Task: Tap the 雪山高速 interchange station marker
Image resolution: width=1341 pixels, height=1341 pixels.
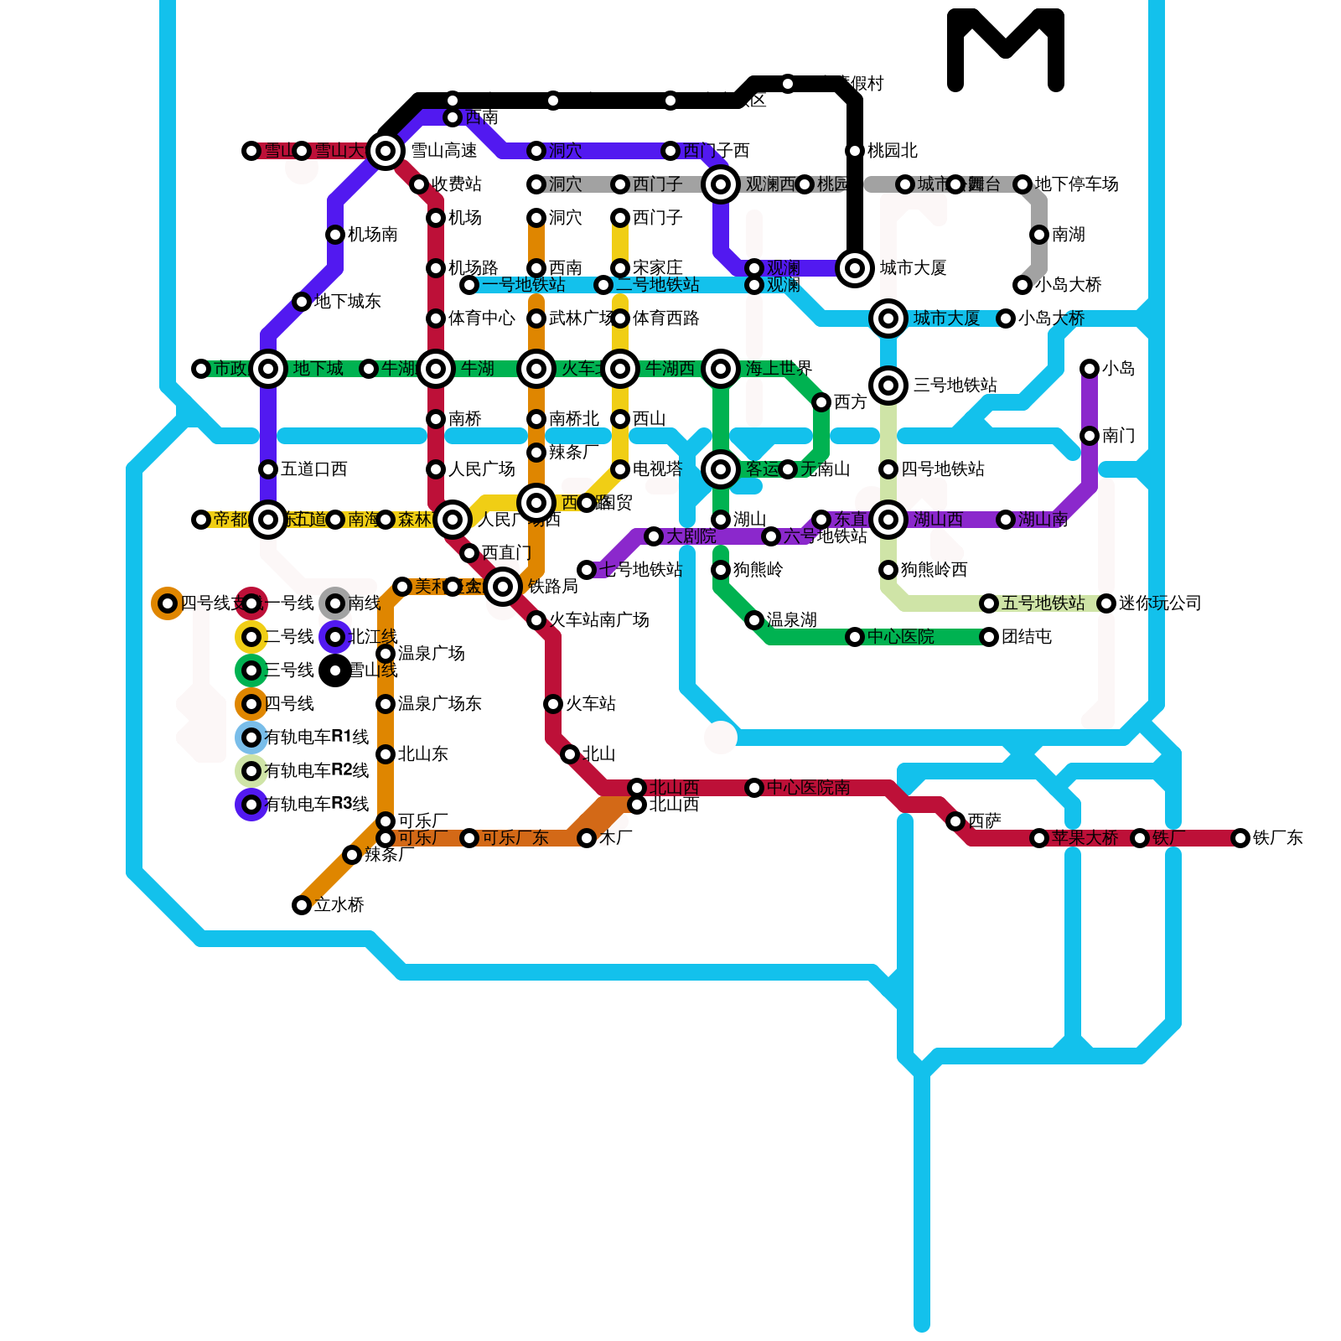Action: (386, 151)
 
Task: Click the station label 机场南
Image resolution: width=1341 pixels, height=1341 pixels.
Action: (372, 235)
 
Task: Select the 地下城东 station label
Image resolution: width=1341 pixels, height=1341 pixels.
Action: (347, 302)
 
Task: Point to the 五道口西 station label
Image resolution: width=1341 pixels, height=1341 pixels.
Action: (313, 469)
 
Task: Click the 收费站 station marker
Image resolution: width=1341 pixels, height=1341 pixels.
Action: (419, 184)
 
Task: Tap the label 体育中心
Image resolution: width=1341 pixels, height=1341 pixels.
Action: (481, 318)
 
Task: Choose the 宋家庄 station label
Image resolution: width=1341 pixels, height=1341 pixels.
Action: (657, 268)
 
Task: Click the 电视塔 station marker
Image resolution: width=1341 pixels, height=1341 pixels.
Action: (620, 469)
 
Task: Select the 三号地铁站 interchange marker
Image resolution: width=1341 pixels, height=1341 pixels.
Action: (888, 386)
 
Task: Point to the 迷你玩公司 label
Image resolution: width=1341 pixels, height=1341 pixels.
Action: (1160, 603)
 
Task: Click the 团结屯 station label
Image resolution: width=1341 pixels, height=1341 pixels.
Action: (1026, 637)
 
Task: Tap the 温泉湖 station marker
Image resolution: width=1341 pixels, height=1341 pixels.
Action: (754, 620)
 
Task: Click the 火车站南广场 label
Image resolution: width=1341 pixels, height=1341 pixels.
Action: (598, 620)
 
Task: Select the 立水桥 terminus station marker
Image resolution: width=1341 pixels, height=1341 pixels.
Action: (302, 905)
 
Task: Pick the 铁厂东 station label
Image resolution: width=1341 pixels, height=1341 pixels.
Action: (1277, 838)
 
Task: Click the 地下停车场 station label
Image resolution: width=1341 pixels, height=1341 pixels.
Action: (1076, 184)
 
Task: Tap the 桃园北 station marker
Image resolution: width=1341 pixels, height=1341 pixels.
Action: (855, 151)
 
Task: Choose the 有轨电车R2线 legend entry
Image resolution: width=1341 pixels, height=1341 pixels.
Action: (316, 771)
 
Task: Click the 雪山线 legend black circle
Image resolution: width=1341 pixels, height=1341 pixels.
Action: (335, 670)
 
